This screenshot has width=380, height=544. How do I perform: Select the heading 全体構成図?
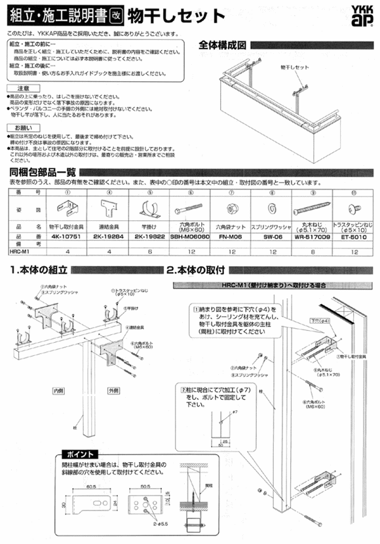(x=222, y=46)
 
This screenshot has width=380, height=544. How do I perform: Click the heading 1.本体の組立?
(x=40, y=269)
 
